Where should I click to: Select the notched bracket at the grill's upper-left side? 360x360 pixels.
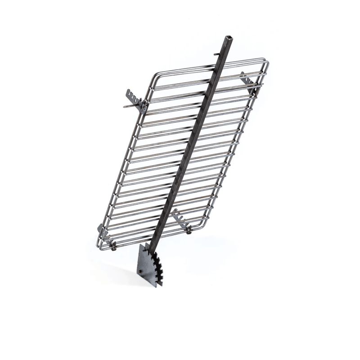[134, 98]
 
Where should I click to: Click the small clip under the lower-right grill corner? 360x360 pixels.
[189, 231]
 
